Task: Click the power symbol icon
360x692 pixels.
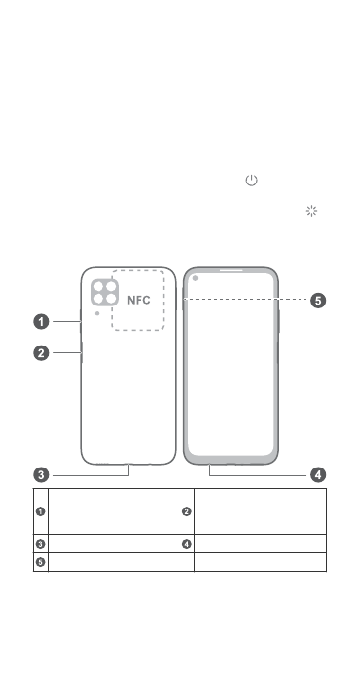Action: pos(251,180)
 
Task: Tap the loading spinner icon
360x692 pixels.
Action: pos(311,211)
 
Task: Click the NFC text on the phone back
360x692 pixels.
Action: pos(139,300)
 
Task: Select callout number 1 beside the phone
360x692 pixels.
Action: pos(42,322)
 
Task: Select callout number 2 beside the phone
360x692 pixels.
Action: pos(42,353)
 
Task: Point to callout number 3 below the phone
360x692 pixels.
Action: pos(42,475)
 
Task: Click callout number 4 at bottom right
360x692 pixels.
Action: pos(318,475)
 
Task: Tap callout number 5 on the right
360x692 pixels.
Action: pos(318,301)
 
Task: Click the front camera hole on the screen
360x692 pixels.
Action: pos(195,278)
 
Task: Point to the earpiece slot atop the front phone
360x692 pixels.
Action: pos(231,270)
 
